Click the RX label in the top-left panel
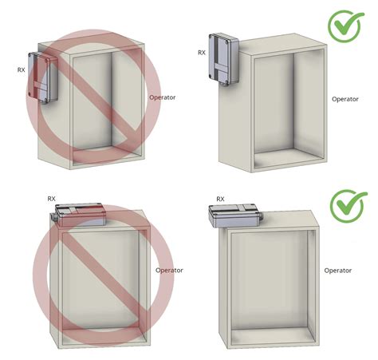[21, 70]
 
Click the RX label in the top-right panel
[202, 53]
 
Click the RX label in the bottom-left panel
[51, 198]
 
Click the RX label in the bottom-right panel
[220, 198]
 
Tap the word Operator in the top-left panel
[162, 97]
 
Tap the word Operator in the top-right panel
[345, 99]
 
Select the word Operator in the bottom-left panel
[170, 271]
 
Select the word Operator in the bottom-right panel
[338, 271]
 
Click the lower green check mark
[344, 205]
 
